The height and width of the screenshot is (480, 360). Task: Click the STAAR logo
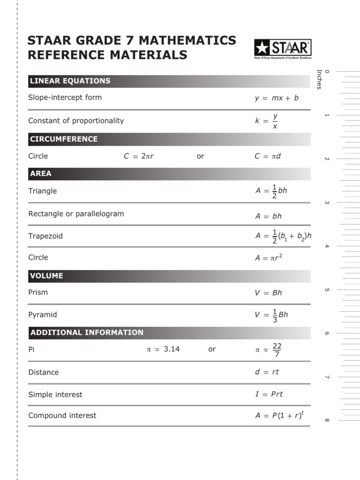tap(282, 49)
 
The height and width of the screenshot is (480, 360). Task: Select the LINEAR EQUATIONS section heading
tap(70, 81)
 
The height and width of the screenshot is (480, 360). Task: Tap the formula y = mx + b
tap(277, 98)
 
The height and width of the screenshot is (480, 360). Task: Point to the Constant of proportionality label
tap(76, 120)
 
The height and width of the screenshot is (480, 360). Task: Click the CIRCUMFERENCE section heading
tap(64, 139)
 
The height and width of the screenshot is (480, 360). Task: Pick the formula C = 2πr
tap(139, 156)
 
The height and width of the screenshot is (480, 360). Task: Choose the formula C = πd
tap(268, 156)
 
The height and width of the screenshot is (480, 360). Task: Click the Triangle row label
tap(43, 191)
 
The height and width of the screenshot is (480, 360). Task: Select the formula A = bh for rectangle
tap(269, 216)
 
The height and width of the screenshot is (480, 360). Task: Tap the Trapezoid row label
tap(45, 236)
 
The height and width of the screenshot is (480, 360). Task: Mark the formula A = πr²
tap(269, 257)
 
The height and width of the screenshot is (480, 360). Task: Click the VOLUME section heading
tap(46, 276)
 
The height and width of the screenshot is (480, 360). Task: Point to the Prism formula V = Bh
tap(269, 292)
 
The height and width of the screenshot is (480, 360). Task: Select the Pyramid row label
tap(43, 315)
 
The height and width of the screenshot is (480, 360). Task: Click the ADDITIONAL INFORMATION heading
tap(87, 333)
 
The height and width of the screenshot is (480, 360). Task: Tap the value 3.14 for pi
tap(172, 349)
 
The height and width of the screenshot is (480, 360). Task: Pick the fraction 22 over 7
tap(277, 350)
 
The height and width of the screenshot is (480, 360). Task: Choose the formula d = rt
tap(267, 372)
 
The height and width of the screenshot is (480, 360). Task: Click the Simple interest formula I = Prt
tap(269, 394)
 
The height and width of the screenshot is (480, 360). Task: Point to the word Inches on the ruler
tap(319, 80)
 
